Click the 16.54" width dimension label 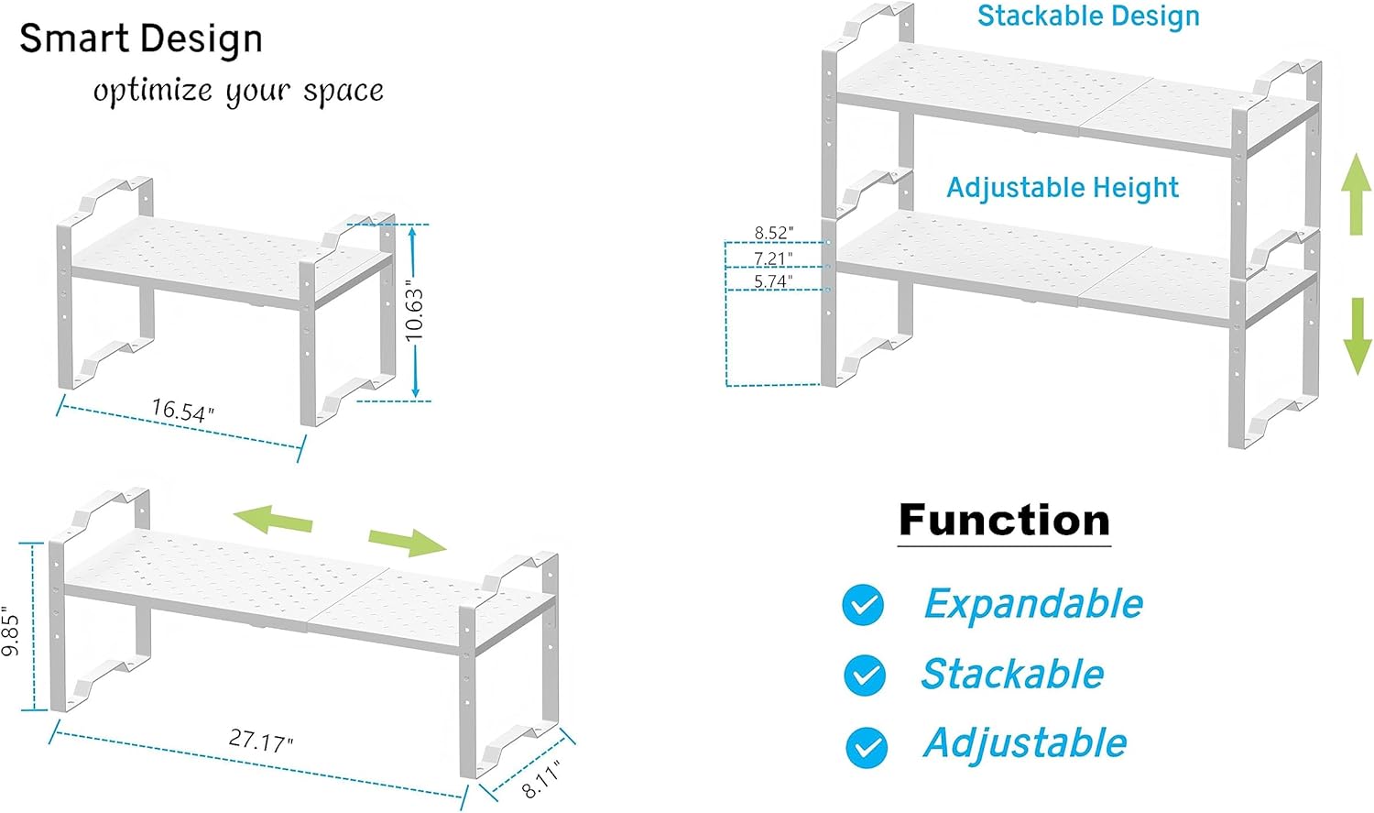point(182,411)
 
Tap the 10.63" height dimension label point(415,314)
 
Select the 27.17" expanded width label point(261,740)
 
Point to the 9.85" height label point(11,631)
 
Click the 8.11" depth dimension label point(540,779)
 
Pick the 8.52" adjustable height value point(774,234)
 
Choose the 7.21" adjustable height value point(774,258)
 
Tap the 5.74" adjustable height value point(774,281)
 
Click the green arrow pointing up point(1357,193)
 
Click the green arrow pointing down point(1357,335)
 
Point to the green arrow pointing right point(409,541)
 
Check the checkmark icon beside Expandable point(863,605)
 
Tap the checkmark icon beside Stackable point(864,676)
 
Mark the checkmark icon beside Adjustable point(866,746)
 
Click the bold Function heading point(1004,521)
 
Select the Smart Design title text point(141,39)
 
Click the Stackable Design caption point(1088,16)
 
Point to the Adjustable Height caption point(1063,188)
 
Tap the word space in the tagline point(343,92)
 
